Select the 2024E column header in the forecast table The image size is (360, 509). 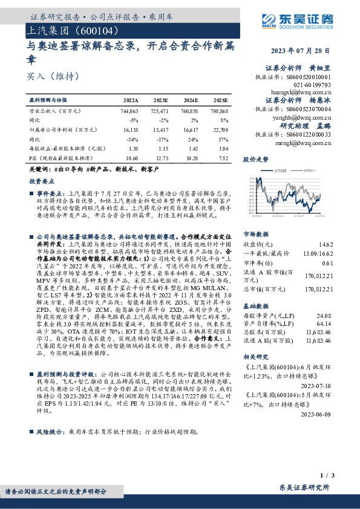[190, 100]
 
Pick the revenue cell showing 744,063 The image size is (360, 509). [129, 112]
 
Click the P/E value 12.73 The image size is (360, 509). [160, 157]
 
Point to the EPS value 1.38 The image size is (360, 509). [133, 148]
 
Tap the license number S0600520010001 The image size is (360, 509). [310, 78]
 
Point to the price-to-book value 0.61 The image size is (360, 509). [344, 263]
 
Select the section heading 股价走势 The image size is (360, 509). [255, 160]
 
